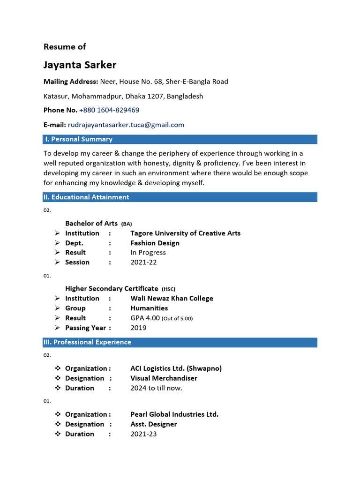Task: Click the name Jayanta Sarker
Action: tap(80, 65)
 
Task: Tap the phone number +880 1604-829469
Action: tap(109, 110)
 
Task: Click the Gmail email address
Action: tap(126, 125)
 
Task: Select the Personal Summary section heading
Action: tap(78, 139)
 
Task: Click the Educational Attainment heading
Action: tap(87, 197)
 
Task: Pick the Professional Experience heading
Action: tap(88, 342)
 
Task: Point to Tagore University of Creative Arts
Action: tap(185, 233)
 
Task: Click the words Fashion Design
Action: tap(155, 243)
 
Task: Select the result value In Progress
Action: tap(148, 252)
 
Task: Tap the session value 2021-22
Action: tap(143, 262)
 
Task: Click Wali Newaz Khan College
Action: tap(172, 298)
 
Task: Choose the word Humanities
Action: tap(149, 308)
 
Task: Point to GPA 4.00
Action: tap(145, 318)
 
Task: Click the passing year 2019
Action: tap(138, 328)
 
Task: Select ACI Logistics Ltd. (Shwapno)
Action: tap(176, 368)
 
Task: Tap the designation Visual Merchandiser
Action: tap(164, 378)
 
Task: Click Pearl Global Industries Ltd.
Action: tap(174, 414)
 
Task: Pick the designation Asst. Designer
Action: tap(153, 424)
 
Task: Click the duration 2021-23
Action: tap(143, 434)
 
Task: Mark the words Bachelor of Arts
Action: tap(91, 223)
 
